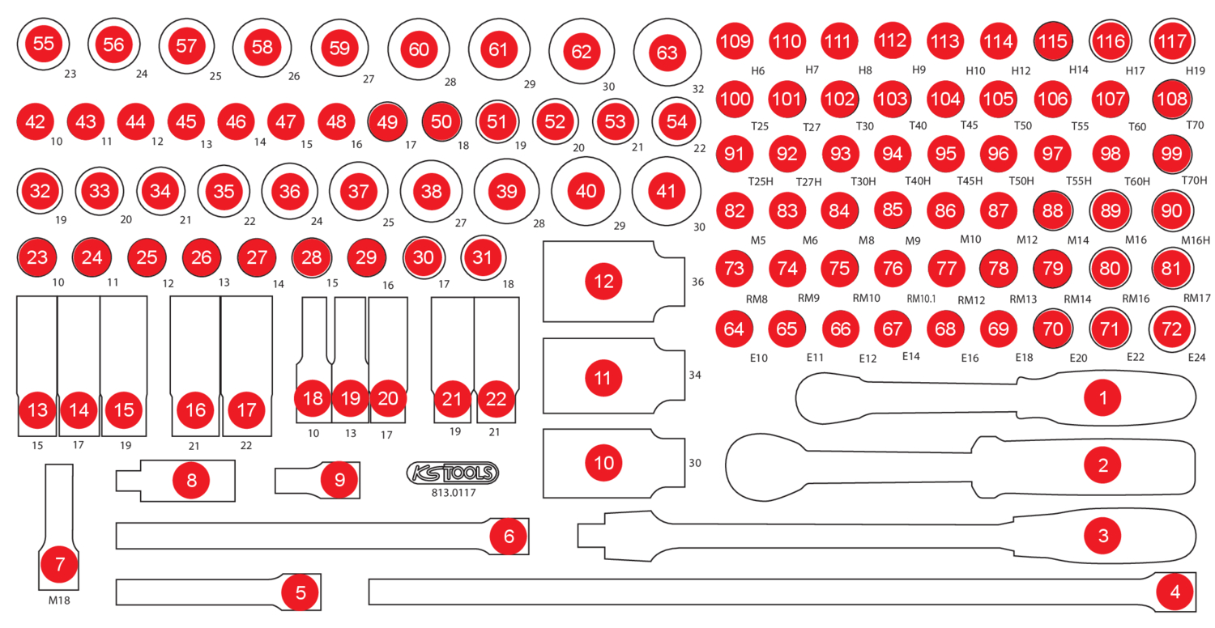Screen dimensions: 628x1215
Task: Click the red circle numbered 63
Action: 667,53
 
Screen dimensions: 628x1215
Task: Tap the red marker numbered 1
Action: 1102,397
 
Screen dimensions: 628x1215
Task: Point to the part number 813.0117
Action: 453,492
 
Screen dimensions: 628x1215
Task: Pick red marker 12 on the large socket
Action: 603,282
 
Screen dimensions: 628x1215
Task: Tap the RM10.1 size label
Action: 920,299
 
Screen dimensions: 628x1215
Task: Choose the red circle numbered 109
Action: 735,40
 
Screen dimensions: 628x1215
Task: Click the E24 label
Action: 1196,357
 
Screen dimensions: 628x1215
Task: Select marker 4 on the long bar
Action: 1174,592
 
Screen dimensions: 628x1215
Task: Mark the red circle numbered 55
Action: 42,44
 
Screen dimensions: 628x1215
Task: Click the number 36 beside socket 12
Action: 697,282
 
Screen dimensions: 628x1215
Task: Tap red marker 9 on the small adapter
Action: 339,479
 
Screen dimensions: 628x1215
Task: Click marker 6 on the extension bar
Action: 509,536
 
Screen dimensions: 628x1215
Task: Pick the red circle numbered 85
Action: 893,210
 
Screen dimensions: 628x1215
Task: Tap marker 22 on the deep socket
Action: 496,399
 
